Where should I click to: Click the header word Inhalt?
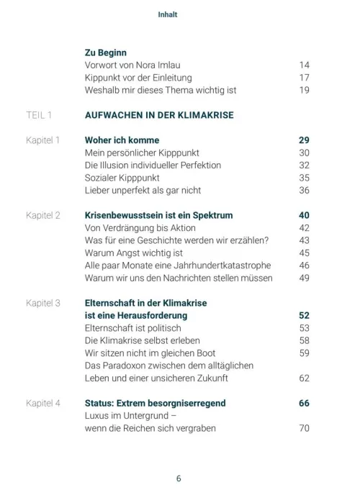point(167,14)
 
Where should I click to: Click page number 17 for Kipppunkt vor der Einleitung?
point(304,78)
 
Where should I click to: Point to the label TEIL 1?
point(39,114)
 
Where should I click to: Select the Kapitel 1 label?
point(42,140)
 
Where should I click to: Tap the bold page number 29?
point(304,140)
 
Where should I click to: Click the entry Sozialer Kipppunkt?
point(122,177)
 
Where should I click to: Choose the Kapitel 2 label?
point(42,215)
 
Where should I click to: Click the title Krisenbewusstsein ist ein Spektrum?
point(158,215)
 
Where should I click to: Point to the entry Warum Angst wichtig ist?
point(133,253)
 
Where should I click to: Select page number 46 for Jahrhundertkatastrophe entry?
point(304,266)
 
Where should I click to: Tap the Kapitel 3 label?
point(42,303)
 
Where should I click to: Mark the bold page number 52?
point(304,315)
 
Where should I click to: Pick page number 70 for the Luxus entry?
point(304,429)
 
